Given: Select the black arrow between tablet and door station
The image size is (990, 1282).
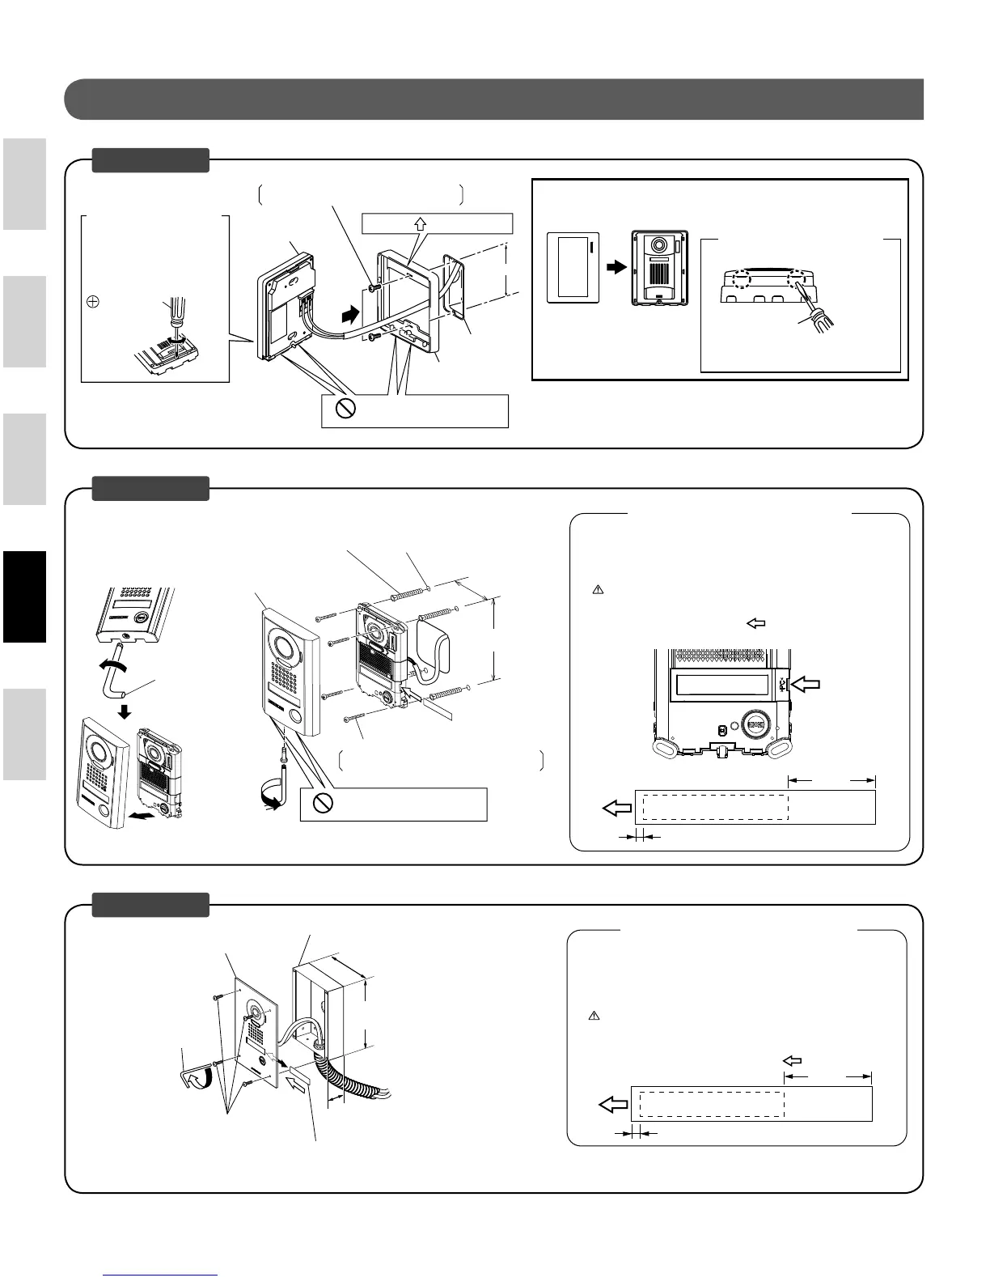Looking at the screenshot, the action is click(x=616, y=266).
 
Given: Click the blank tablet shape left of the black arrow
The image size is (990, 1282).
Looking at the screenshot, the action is click(x=573, y=268).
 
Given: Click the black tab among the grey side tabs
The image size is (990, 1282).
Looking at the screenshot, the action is click(x=23, y=596).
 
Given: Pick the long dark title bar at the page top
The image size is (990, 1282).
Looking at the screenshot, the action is click(x=493, y=100).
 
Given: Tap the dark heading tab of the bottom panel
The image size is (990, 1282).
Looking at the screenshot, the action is click(x=150, y=905).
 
